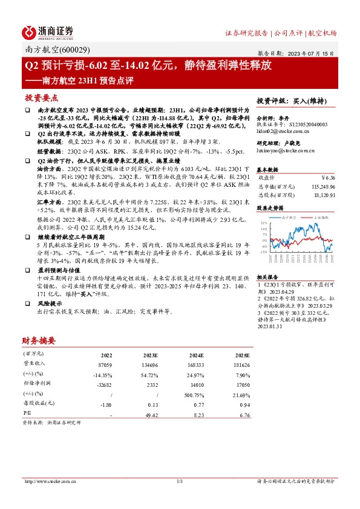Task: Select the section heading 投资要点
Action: click(x=41, y=97)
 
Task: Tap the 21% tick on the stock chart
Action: click(x=264, y=223)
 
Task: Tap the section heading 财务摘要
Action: click(x=39, y=340)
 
